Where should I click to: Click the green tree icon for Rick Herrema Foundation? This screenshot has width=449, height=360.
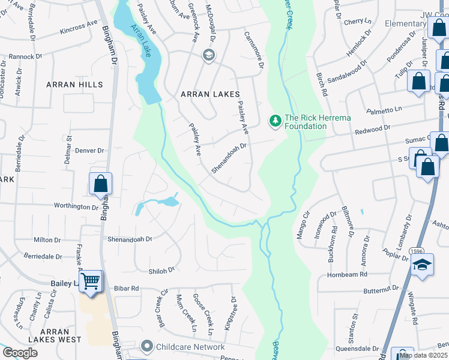pyautogui.click(x=276, y=121)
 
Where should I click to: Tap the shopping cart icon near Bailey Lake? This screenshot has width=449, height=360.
pyautogui.click(x=91, y=281)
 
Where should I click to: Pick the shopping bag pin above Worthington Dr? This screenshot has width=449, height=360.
pyautogui.click(x=100, y=184)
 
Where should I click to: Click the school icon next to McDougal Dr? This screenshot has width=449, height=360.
pyautogui.click(x=208, y=56)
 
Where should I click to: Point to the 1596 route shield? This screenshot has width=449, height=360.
pyautogui.click(x=417, y=251)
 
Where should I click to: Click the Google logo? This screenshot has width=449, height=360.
pyautogui.click(x=20, y=353)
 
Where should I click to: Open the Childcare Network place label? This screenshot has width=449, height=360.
pyautogui.click(x=190, y=347)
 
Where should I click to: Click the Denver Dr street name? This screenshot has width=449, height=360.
pyautogui.click(x=90, y=150)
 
